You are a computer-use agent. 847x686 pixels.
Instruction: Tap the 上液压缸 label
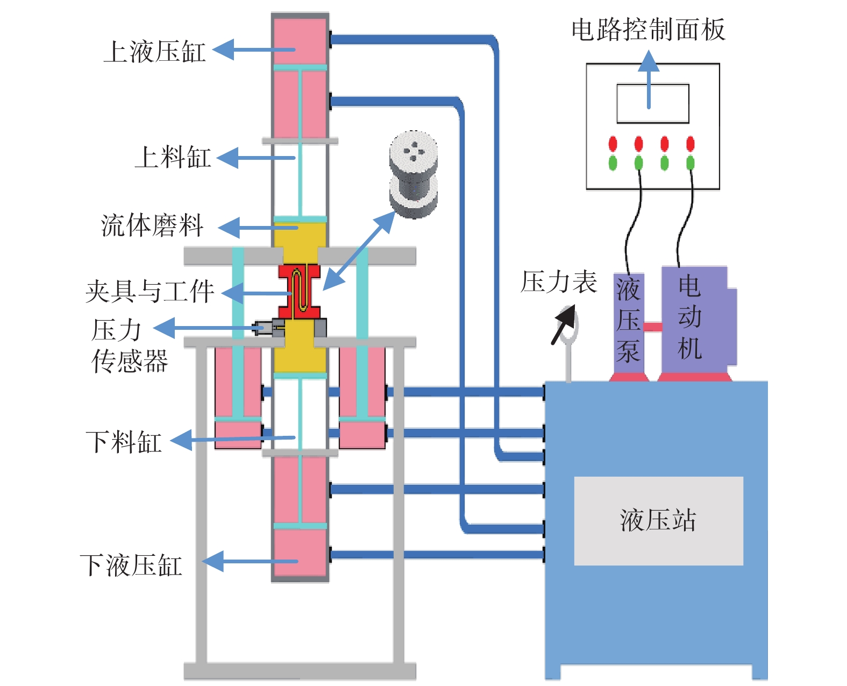tap(155, 52)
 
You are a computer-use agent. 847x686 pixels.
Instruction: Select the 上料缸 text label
tap(173, 157)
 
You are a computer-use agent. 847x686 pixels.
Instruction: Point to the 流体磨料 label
tap(152, 225)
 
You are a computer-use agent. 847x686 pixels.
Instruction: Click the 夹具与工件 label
tap(150, 291)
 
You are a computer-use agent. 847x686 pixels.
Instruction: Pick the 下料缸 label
tap(124, 442)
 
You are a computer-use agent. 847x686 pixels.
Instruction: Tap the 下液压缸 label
tap(131, 565)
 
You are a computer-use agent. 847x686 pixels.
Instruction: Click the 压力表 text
tap(559, 282)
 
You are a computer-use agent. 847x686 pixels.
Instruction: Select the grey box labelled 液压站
tap(659, 520)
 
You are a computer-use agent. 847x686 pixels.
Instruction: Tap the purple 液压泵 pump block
tap(629, 323)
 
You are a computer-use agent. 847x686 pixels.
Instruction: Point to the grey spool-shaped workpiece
tap(414, 174)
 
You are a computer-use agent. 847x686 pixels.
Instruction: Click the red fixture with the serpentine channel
tap(300, 292)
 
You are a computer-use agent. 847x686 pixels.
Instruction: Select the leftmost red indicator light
tap(613, 144)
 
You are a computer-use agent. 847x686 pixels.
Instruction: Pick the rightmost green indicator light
tap(691, 162)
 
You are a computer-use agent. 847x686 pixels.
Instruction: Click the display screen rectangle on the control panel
tap(652, 103)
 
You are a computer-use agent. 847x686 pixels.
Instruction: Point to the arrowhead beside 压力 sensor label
tap(164, 328)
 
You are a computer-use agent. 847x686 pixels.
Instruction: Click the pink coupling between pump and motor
tap(652, 327)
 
